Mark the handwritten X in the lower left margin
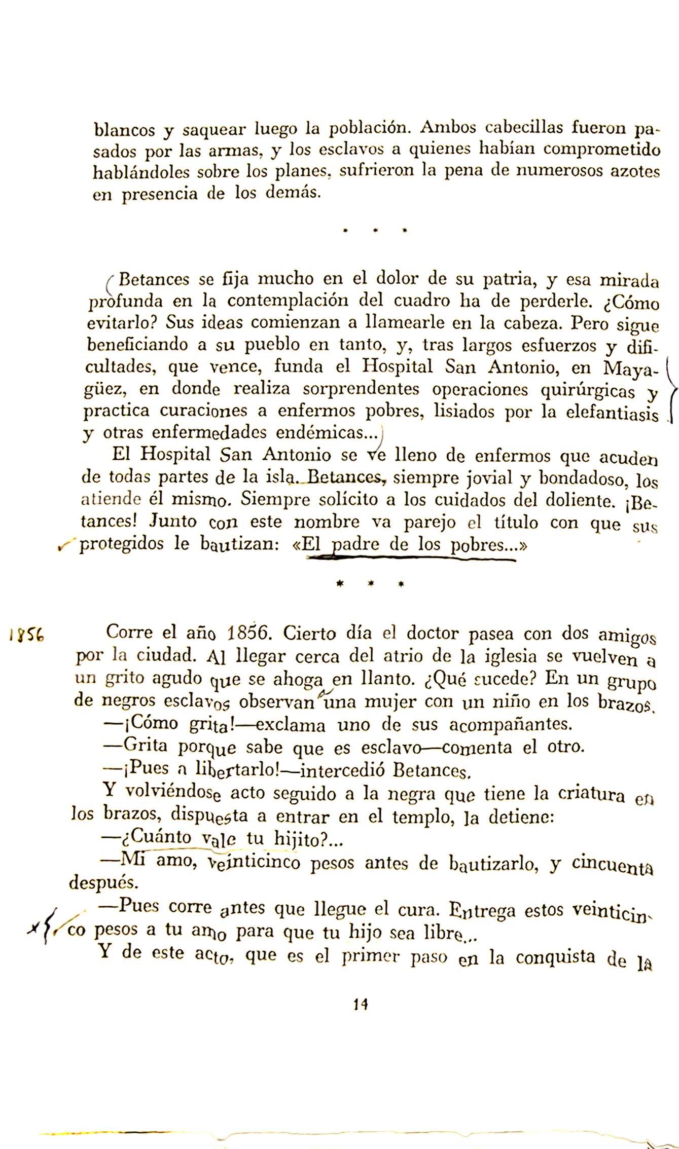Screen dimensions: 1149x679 (35, 928)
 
